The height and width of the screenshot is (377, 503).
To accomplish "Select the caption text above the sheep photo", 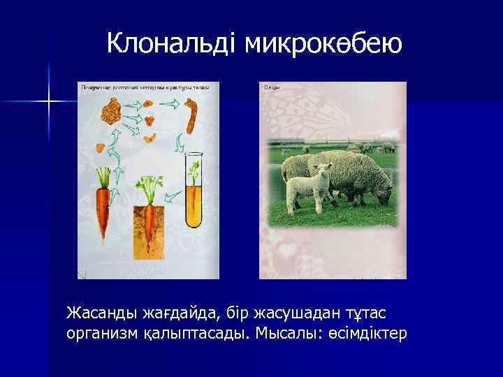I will point(272,87).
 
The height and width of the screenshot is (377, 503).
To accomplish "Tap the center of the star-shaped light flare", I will point(49,103).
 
